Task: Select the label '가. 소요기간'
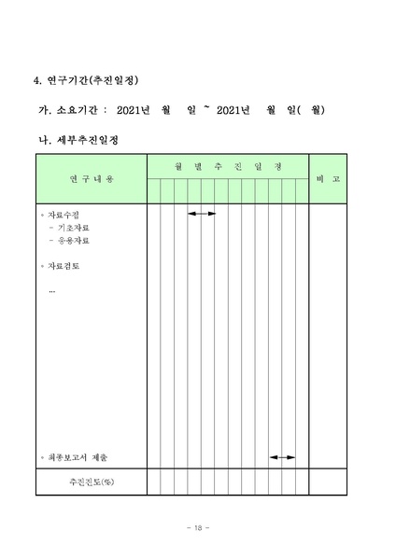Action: pos(68,110)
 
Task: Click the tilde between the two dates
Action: pos(206,108)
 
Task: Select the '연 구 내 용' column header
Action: pos(91,178)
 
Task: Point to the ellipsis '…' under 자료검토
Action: pos(52,290)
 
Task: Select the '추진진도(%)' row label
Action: pos(91,482)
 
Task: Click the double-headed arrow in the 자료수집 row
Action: pos(202,214)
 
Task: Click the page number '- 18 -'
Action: pos(197,528)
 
